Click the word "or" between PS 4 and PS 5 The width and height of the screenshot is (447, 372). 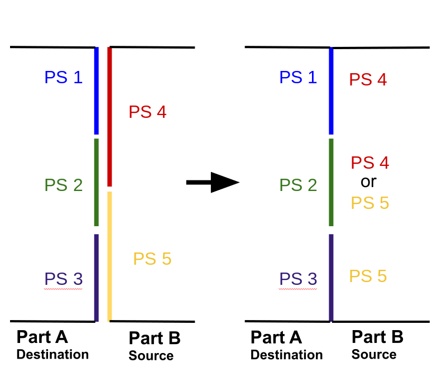(x=369, y=182)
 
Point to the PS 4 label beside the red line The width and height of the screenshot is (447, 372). (x=147, y=112)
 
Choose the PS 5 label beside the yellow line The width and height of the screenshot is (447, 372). (x=152, y=259)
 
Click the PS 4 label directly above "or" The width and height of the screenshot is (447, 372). (x=370, y=163)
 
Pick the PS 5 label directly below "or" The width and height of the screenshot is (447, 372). (x=369, y=203)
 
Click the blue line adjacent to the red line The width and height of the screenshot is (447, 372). (x=97, y=90)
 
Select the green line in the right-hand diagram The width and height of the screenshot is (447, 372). (x=331, y=182)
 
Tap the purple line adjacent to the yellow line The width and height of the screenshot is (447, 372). (x=97, y=277)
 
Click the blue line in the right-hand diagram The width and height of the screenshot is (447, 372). (x=331, y=91)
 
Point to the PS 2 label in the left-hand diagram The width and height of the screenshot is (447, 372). (x=64, y=185)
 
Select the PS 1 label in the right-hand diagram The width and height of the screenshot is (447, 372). (x=298, y=77)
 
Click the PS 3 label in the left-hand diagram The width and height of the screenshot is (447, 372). (x=64, y=279)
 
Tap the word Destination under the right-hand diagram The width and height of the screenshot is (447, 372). (x=286, y=355)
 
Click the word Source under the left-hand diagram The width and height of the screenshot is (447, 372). (x=151, y=356)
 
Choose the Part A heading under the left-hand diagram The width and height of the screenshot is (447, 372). (x=42, y=337)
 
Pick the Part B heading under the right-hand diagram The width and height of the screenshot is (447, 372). (x=377, y=337)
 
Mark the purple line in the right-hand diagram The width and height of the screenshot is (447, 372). (x=331, y=277)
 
